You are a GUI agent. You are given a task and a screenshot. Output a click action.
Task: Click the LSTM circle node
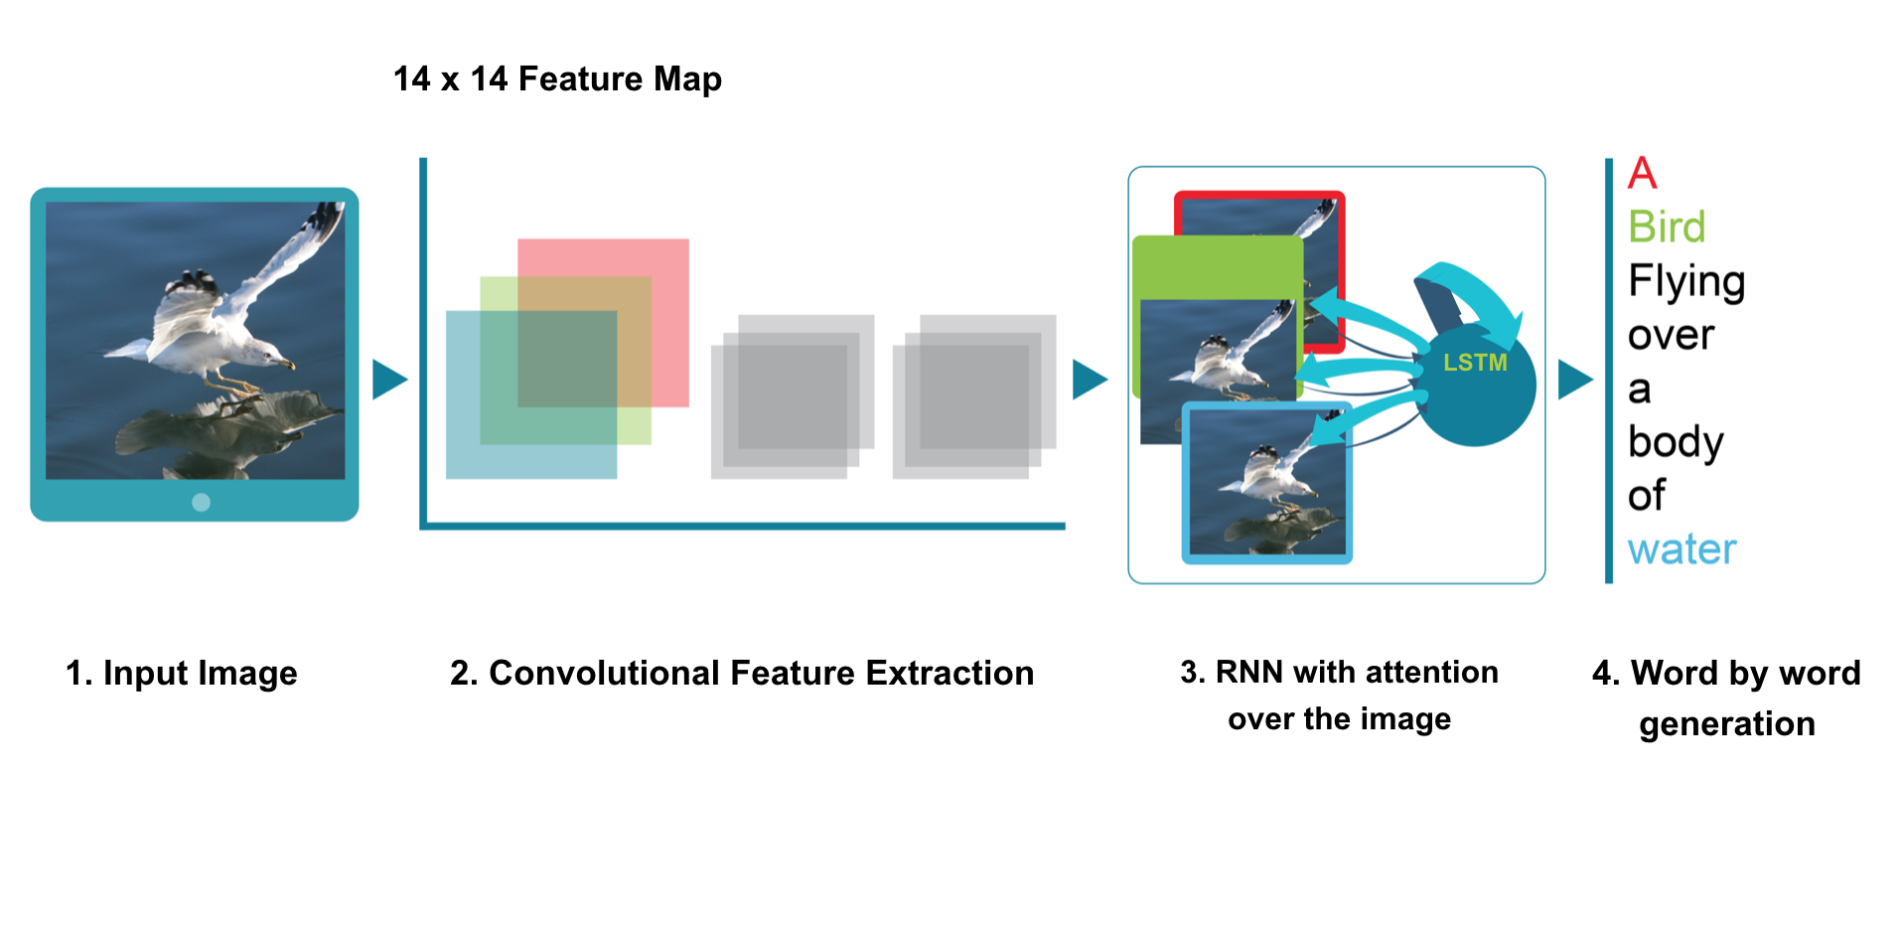(1475, 385)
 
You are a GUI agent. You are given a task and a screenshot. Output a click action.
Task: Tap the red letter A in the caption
(1642, 174)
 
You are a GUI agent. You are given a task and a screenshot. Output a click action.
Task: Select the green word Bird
(1667, 228)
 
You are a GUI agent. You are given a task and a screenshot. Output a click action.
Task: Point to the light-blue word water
(1681, 549)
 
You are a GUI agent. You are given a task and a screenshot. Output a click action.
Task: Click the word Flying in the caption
(1686, 283)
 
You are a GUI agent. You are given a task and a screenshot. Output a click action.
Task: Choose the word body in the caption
(1676, 442)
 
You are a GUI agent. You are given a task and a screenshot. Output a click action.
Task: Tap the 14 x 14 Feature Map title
(557, 79)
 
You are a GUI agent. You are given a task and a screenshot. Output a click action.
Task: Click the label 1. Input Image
(181, 674)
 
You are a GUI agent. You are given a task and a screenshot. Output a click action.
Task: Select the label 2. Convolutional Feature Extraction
(742, 674)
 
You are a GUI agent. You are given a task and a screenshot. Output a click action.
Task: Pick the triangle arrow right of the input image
(389, 380)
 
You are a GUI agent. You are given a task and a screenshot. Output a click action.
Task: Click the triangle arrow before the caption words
(1575, 380)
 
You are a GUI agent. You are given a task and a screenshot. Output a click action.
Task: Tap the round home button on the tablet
(201, 502)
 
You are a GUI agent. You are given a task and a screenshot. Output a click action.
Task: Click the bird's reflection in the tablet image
(228, 422)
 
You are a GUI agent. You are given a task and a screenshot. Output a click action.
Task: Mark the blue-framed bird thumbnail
(1267, 483)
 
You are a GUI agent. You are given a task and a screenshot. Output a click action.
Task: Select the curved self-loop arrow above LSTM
(1467, 299)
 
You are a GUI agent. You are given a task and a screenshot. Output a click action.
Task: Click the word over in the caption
(1671, 336)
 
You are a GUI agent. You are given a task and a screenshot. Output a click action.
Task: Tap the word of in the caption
(1647, 495)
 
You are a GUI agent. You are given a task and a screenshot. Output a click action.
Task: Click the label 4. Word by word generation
(1726, 699)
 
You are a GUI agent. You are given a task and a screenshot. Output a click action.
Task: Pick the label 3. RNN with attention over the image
(1339, 695)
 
